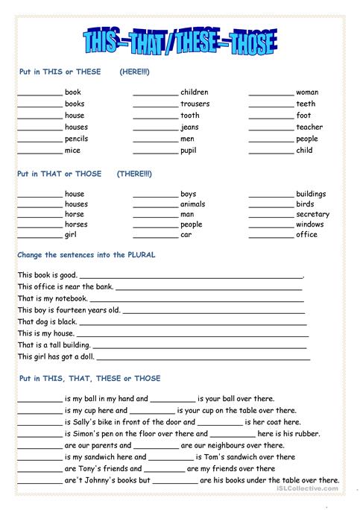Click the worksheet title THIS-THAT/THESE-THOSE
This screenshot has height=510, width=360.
point(179,40)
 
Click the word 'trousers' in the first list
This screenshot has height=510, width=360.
point(195,104)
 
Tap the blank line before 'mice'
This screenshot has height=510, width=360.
point(40,151)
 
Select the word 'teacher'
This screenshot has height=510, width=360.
point(309,127)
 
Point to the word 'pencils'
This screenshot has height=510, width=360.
point(76,139)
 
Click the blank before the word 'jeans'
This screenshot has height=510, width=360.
point(155,128)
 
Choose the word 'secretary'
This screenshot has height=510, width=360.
point(312,215)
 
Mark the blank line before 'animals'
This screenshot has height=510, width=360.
point(155,205)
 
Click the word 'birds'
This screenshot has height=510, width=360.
point(305,204)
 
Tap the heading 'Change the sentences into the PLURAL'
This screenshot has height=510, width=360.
point(86,254)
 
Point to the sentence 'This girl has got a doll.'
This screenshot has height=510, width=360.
point(57,356)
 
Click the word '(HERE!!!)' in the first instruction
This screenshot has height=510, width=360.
point(134,72)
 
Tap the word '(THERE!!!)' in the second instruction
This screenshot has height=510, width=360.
point(134,174)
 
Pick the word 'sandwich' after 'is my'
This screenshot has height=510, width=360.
point(105,457)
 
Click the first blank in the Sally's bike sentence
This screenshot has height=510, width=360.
point(40,423)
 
